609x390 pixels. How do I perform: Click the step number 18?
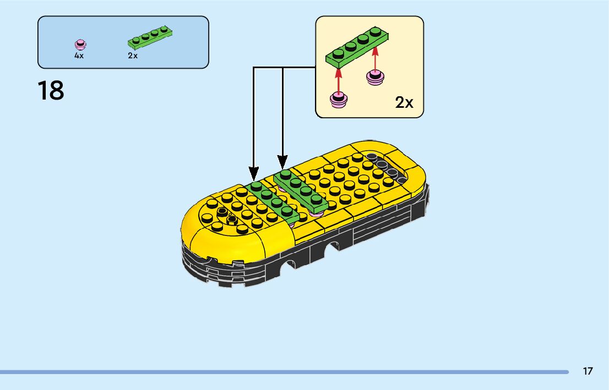point(51,91)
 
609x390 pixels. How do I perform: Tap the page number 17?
point(588,371)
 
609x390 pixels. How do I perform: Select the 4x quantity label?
point(79,56)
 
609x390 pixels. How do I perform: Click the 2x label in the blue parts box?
point(133,56)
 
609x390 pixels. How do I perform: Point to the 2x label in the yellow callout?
point(404,102)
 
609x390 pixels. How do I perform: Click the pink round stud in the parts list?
point(80,44)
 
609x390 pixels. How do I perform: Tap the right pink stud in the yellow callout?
point(376,78)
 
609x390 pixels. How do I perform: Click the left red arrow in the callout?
point(338,77)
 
